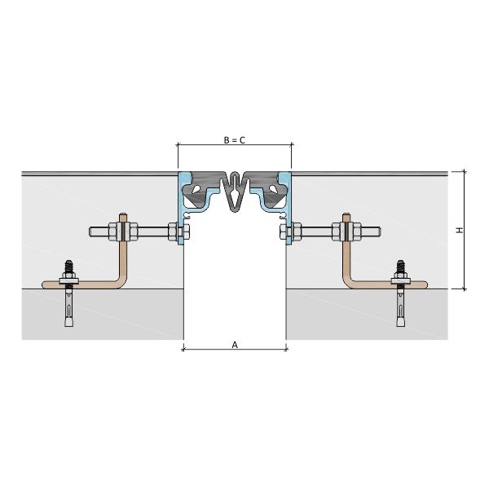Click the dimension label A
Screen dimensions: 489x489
pyautogui.click(x=235, y=345)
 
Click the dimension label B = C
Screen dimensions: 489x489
pyautogui.click(x=235, y=140)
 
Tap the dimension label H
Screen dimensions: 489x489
pyautogui.click(x=460, y=230)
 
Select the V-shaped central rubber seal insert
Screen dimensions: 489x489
pyautogui.click(x=235, y=192)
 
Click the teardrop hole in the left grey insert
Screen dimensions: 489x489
pyautogui.click(x=196, y=189)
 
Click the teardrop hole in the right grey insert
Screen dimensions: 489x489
pyautogui.click(x=273, y=189)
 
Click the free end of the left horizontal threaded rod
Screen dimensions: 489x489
pyautogui.click(x=90, y=231)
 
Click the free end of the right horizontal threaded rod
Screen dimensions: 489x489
pyautogui.click(x=379, y=231)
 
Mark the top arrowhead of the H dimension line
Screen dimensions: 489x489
pyautogui.click(x=465, y=171)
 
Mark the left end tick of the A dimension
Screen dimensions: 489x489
pyautogui.click(x=183, y=349)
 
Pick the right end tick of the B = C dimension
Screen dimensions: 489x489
pyautogui.click(x=292, y=145)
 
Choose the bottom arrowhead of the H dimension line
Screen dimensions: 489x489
pyautogui.click(x=465, y=289)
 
